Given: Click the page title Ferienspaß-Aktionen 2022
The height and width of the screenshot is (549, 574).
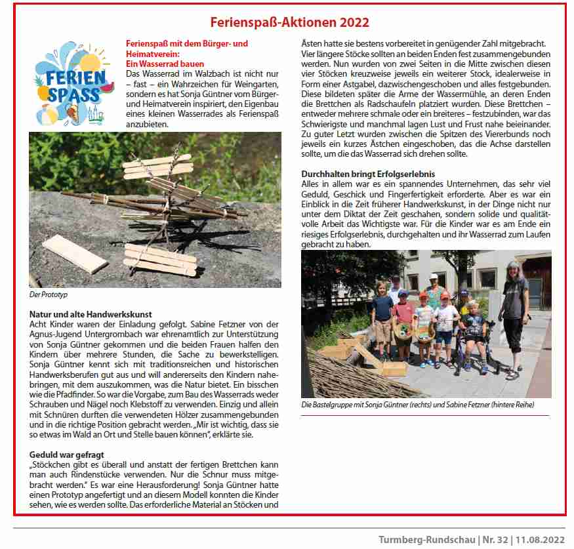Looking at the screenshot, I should [289, 22].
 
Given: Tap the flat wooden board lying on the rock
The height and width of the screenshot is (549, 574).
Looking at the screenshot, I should [75, 254].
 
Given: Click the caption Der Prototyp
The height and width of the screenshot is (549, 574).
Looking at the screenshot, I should [49, 295].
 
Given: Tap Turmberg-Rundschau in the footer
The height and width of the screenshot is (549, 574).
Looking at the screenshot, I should [424, 539].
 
